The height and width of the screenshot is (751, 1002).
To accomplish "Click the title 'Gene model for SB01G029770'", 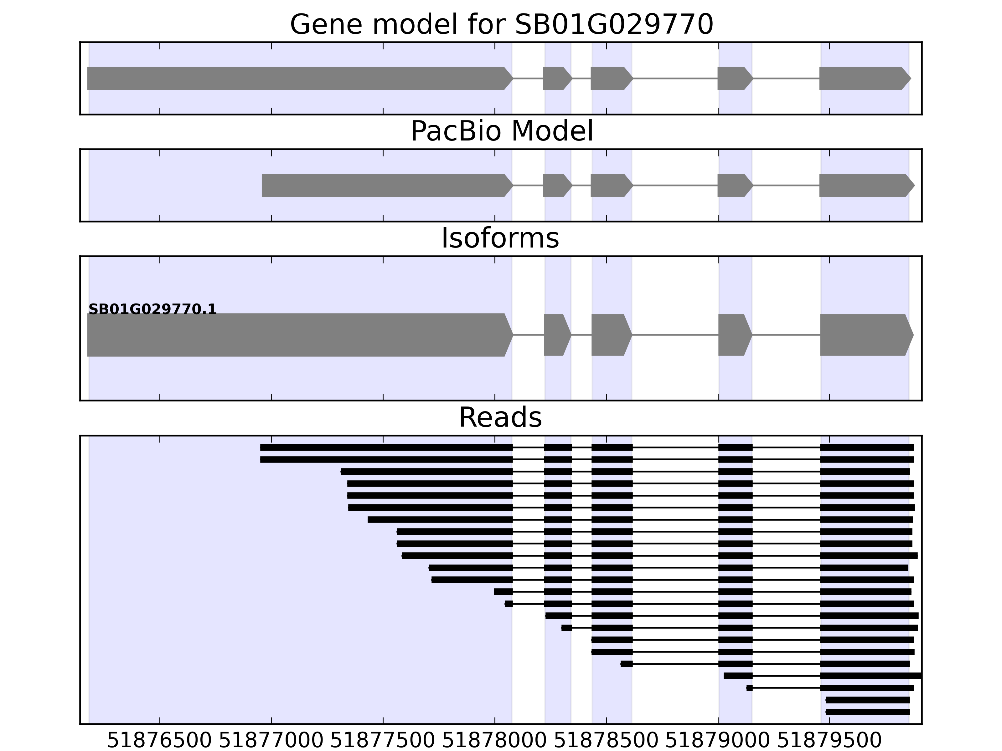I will pos(501,24).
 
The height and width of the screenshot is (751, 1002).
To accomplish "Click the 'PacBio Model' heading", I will pos(501,131).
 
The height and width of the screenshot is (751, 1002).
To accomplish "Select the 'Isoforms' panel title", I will pos(500,238).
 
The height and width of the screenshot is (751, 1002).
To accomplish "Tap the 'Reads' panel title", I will pos(500,417).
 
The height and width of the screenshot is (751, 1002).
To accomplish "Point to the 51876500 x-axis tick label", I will pos(159,741).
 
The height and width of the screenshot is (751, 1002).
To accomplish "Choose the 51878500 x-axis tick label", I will pos(606,741).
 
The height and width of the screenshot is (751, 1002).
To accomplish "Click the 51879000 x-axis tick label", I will pos(718,741).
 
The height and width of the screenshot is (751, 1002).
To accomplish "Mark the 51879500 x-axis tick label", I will pos(829,741).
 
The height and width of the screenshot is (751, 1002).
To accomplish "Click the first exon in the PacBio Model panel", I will pos(385,185).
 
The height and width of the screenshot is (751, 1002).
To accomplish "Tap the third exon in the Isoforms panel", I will pos(610,335).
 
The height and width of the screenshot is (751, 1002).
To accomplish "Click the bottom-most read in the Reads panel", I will pos(867,712).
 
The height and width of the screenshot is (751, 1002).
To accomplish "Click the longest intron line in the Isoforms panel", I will pos(675,335).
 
